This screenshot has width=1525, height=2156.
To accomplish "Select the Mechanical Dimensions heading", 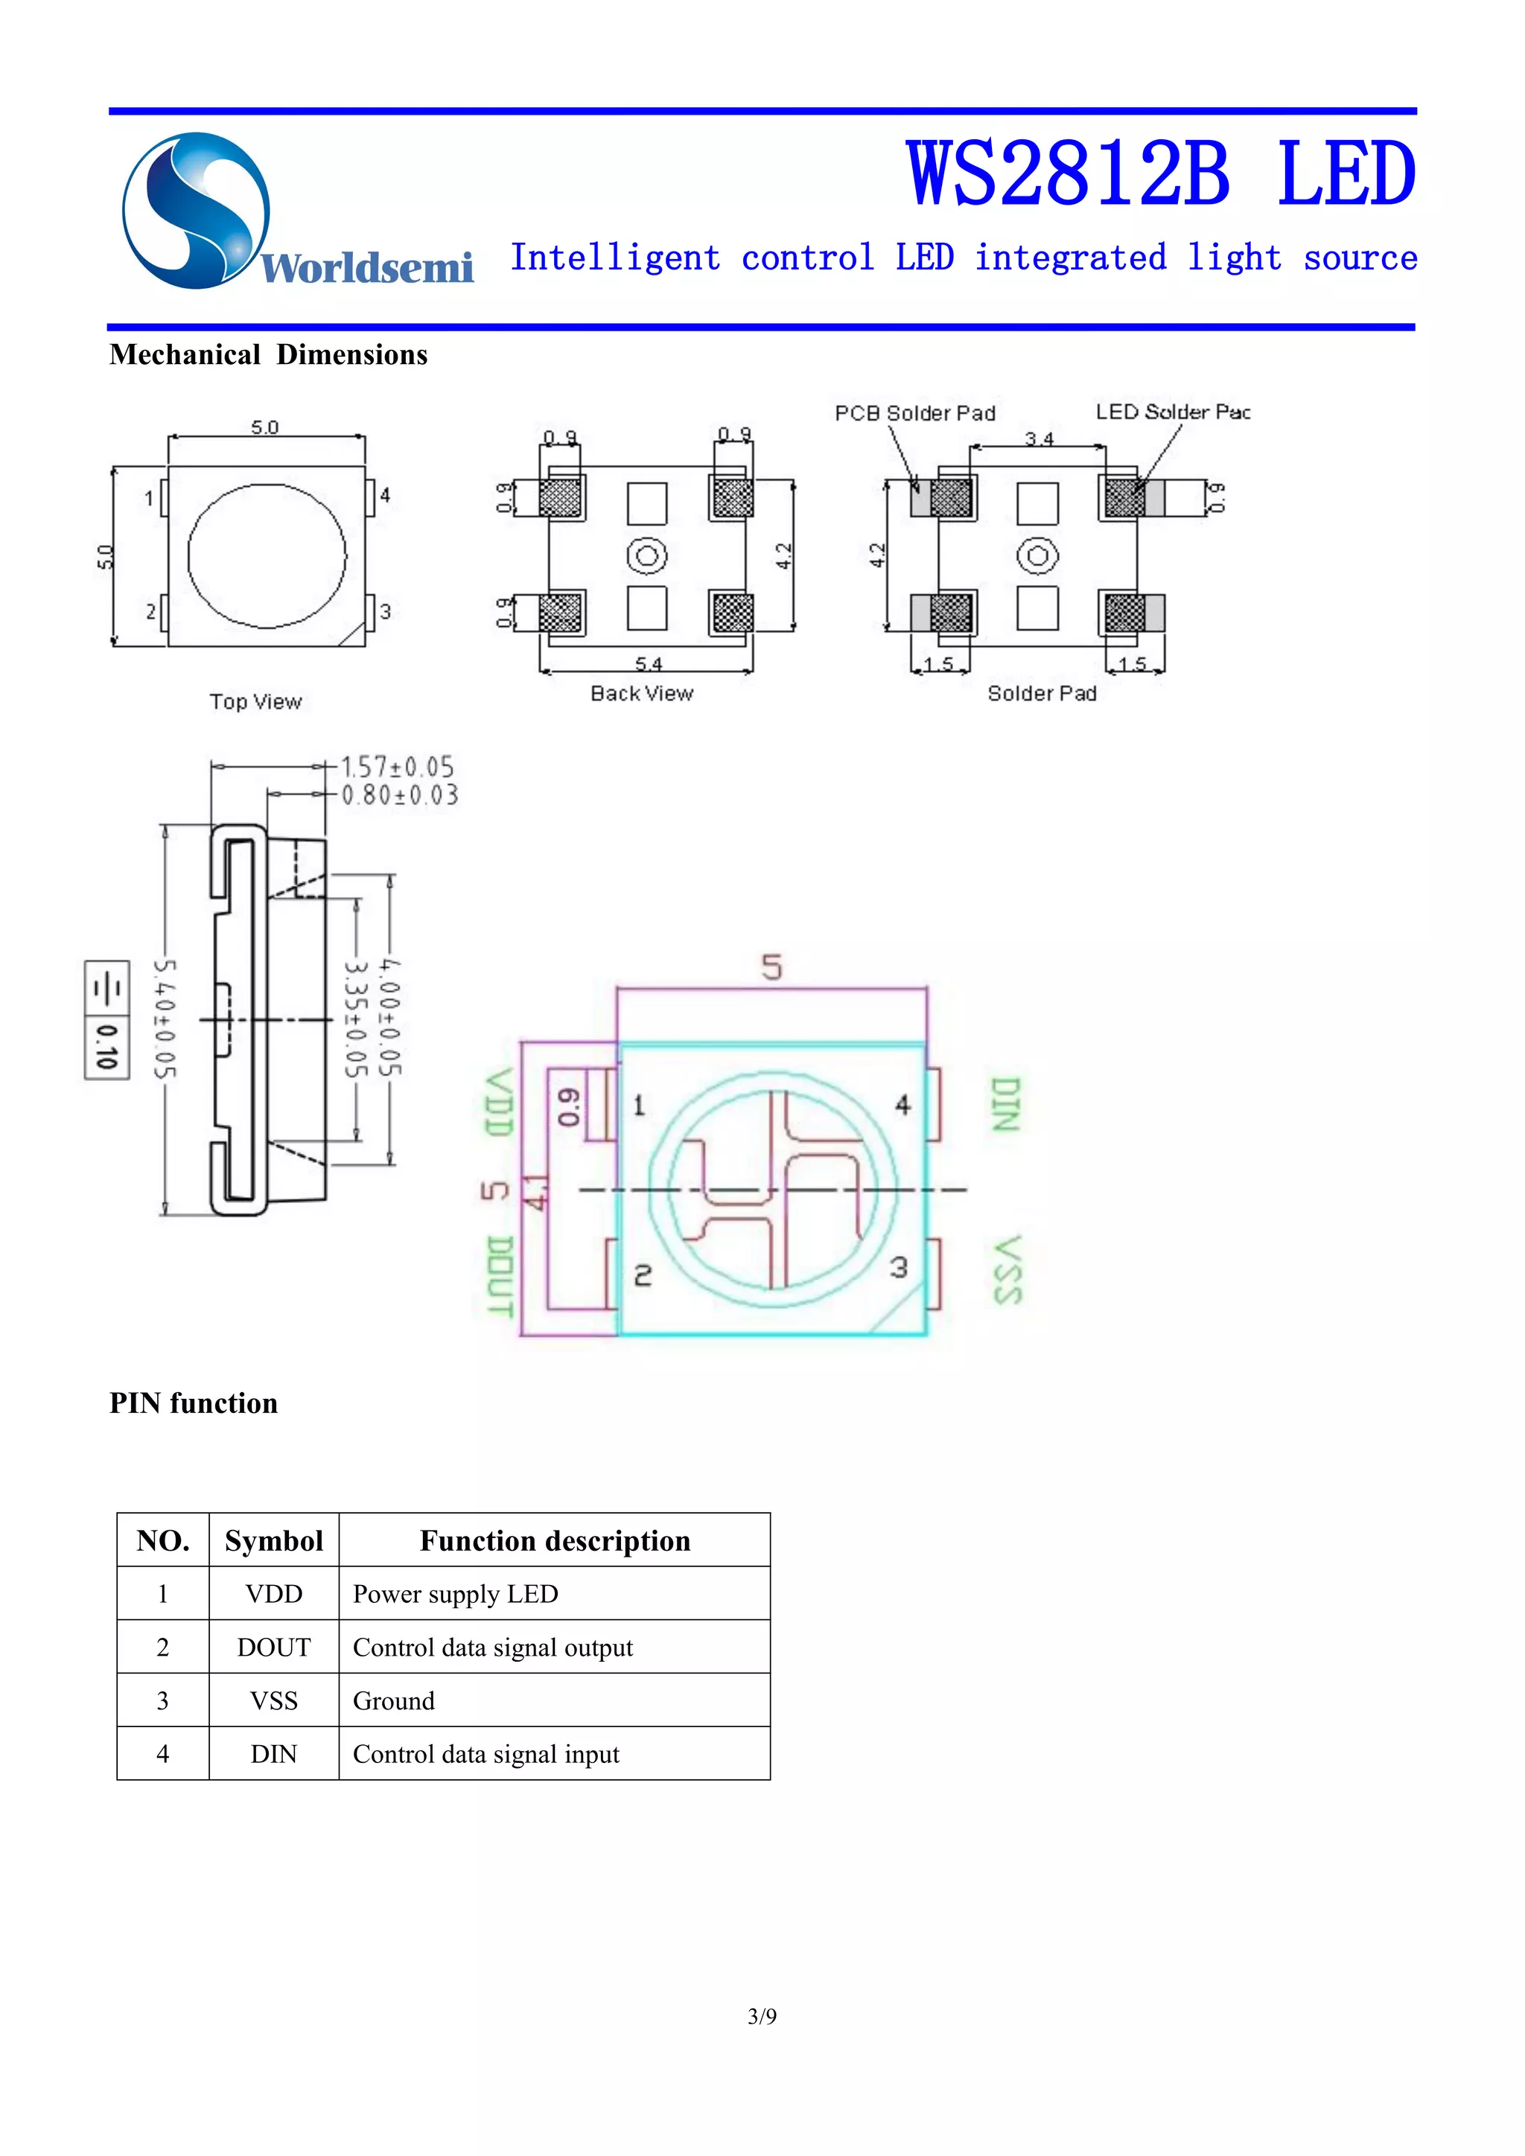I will tap(269, 355).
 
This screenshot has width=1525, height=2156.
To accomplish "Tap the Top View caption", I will tap(255, 701).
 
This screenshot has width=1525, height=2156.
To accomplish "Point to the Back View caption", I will tap(641, 693).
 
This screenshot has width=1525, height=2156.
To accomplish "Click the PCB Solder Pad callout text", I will tap(914, 413).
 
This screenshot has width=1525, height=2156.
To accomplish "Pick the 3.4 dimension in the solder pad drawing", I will tap(1039, 438).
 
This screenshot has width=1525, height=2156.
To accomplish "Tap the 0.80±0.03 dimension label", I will tap(399, 795).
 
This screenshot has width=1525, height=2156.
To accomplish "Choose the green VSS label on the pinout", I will tap(1007, 1269).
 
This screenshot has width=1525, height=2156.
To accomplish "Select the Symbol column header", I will tap(273, 1541).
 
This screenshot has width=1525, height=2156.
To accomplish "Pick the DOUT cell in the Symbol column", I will tap(273, 1647).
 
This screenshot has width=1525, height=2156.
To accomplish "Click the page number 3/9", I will tap(762, 2016).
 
